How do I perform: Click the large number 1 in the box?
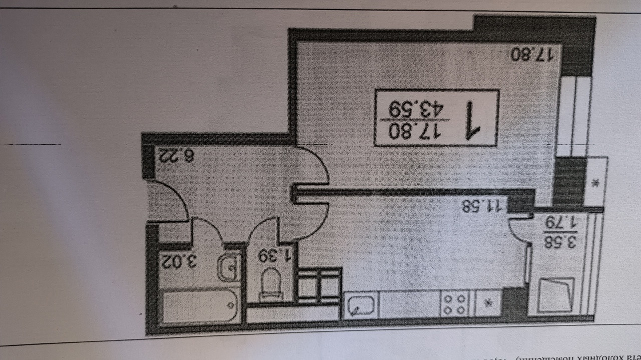(x=472, y=120)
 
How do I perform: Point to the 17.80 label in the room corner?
(x=535, y=54)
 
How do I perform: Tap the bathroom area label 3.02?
(x=178, y=261)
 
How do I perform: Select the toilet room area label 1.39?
(x=275, y=256)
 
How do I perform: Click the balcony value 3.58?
(x=561, y=244)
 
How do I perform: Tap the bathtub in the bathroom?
(x=199, y=306)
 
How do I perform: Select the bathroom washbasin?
(x=229, y=267)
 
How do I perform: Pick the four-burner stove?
(x=454, y=303)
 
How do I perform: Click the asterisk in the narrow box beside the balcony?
(x=595, y=183)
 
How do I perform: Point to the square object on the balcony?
(x=555, y=294)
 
